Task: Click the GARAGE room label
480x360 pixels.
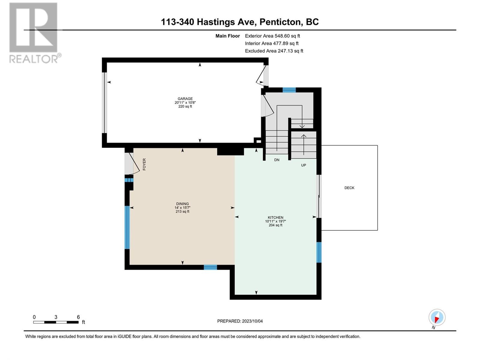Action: (185, 99)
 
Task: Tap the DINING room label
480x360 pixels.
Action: (182, 204)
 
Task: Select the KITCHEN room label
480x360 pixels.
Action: (275, 217)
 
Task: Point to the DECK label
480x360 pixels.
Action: (349, 188)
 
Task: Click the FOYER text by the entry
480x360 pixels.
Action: (144, 164)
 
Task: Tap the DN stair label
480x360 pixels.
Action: (277, 160)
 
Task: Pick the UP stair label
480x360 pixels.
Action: (304, 165)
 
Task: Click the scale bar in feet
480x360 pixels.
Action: (56, 322)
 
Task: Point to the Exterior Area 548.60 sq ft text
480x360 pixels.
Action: (272, 36)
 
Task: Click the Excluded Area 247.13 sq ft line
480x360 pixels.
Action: (274, 51)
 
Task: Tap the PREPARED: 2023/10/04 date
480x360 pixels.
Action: (240, 321)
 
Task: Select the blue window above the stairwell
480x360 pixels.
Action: (289, 90)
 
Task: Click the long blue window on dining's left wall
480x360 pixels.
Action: (127, 227)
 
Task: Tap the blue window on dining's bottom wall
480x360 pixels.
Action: (210, 267)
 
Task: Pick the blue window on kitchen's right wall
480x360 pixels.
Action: (319, 252)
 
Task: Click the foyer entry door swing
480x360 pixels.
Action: (132, 163)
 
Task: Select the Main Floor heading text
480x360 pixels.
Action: (228, 36)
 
